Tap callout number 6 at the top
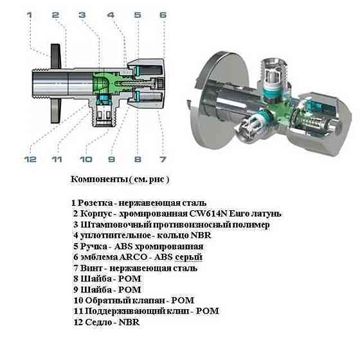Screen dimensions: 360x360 coord(163,14)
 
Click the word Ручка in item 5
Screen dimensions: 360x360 coord(93,246)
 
